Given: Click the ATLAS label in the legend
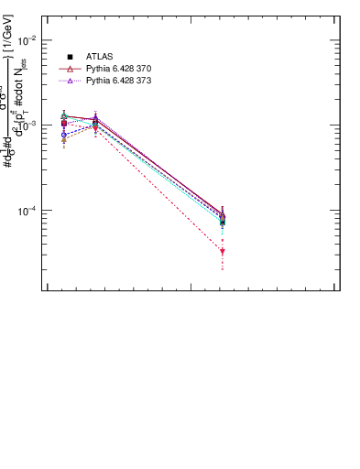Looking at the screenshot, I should [100, 57].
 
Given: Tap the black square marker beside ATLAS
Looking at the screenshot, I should [70, 57].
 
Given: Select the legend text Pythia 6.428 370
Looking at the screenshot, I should [119, 69].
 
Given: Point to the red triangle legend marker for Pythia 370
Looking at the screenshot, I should [70, 69].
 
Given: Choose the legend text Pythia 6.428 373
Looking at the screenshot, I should [119, 81].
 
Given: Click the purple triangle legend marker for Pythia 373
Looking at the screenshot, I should [70, 81].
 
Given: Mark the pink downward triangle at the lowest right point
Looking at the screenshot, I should [223, 251].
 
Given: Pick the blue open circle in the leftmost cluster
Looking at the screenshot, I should [63, 135].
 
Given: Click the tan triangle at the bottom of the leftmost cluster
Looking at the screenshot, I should [63, 139].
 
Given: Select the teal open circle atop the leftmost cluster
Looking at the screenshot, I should [63, 116].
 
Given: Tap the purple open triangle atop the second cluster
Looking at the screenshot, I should [95, 117].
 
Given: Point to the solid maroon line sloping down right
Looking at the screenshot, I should [160, 166].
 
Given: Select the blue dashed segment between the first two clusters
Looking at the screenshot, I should [79, 131].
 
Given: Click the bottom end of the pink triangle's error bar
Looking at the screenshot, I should [223, 270].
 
